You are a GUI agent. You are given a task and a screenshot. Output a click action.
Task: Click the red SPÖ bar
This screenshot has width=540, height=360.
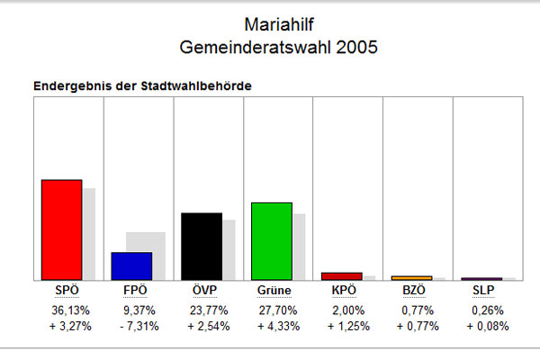click(x=61, y=229)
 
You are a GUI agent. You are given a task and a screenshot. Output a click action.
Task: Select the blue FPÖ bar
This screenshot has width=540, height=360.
click(x=131, y=266)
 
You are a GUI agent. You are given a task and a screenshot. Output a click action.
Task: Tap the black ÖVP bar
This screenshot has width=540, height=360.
click(x=202, y=247)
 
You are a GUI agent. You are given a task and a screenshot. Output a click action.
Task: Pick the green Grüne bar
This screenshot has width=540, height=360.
click(x=272, y=241)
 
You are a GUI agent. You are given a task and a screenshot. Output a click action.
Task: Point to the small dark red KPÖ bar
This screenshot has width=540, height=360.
click(x=342, y=276)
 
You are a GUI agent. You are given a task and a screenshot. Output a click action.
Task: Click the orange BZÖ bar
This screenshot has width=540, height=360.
click(x=412, y=278)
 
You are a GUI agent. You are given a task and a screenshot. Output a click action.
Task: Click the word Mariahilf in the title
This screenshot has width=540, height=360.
click(x=279, y=25)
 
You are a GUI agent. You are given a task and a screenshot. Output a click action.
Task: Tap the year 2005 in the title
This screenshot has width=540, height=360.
click(x=356, y=47)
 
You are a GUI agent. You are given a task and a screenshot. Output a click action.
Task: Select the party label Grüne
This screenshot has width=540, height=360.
click(x=274, y=291)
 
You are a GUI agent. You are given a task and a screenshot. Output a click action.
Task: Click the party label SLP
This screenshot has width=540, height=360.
click(x=483, y=291)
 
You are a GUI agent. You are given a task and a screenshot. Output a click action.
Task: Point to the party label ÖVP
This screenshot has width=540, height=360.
click(x=204, y=290)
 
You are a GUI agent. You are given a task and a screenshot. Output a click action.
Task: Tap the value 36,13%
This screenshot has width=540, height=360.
click(x=70, y=310)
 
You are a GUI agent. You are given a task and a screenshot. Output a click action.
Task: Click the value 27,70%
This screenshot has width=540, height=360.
click(x=278, y=310)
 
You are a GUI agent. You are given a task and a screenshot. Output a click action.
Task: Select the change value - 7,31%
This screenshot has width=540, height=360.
click(x=139, y=326)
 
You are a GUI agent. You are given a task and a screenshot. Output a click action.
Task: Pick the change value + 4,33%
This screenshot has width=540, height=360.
click(x=279, y=326)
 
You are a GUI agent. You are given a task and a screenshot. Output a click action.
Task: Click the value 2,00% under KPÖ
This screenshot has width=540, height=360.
click(x=348, y=310)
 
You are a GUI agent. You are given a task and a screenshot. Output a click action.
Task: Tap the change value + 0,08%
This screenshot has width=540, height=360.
click(x=488, y=326)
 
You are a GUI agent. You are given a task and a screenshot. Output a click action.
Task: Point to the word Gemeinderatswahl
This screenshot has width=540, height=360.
click(x=256, y=47)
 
